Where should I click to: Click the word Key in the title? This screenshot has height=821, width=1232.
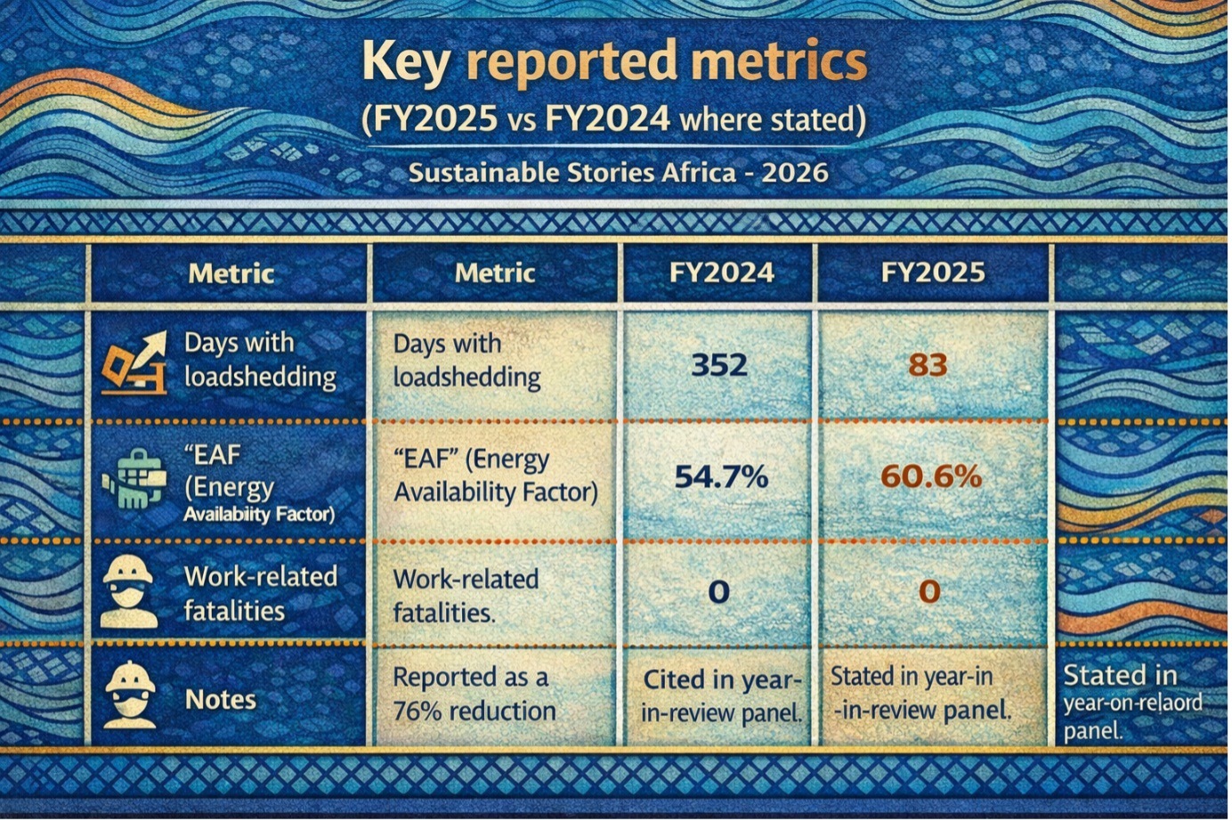(405, 64)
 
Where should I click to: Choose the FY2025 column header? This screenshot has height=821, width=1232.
(933, 272)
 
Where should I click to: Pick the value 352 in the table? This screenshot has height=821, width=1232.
(719, 364)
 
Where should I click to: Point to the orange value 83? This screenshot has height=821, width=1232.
(928, 364)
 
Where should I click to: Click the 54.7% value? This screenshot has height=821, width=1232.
(721, 476)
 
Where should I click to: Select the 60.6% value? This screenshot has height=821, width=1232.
(931, 476)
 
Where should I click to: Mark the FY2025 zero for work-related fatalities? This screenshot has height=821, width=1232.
(928, 591)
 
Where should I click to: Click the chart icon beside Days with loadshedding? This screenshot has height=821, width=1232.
(134, 362)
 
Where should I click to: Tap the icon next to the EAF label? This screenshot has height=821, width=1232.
(134, 478)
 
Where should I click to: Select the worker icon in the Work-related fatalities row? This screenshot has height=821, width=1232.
(129, 591)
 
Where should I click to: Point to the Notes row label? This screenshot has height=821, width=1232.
(221, 700)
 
